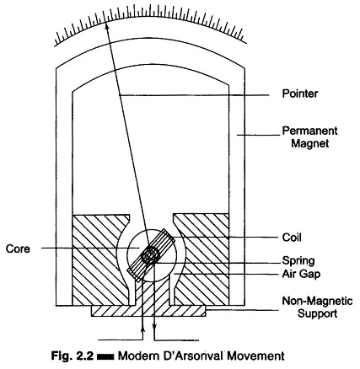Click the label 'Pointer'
click(300, 94)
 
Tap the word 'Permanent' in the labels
click(309, 131)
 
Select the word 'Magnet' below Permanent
click(309, 143)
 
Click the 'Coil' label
click(292, 238)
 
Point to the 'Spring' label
click(298, 261)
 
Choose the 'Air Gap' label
click(301, 274)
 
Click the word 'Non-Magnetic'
click(317, 301)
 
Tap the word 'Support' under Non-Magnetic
click(317, 313)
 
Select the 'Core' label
click(18, 249)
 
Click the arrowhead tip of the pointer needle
click(105, 23)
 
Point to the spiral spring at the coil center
click(151, 256)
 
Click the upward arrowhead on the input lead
click(143, 327)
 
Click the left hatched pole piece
click(95, 259)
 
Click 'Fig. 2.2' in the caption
click(72, 356)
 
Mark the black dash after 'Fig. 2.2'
click(105, 357)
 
